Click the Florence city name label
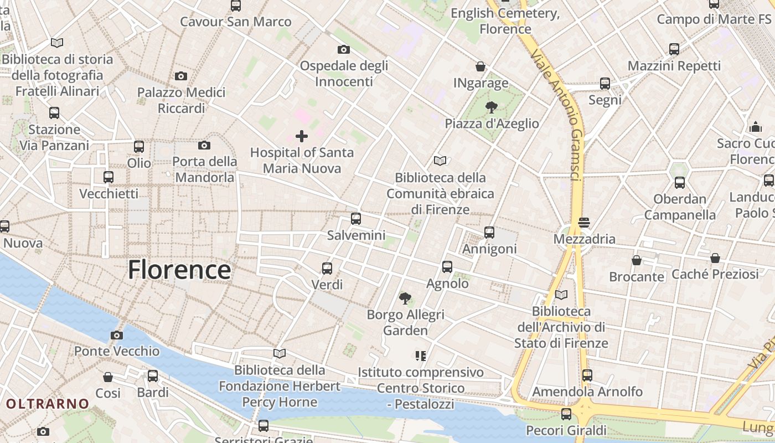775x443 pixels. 179,270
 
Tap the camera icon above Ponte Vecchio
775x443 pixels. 116,335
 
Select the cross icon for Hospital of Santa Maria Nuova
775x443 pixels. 302,136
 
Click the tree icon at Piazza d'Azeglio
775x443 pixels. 491,107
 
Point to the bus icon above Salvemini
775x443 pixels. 356,219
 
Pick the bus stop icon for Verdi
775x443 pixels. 327,269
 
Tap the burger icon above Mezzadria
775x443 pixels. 584,223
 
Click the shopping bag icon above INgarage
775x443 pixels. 480,66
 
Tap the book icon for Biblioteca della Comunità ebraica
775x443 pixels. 440,161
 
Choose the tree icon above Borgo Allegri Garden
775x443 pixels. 405,298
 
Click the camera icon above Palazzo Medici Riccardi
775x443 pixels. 180,76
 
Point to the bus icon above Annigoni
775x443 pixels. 489,233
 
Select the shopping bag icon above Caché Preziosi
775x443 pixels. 715,258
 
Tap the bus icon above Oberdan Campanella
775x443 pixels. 680,183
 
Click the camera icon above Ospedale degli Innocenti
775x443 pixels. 344,49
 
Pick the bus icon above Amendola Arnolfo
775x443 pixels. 587,375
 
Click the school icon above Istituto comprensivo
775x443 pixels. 421,356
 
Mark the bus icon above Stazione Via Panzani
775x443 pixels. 54,113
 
